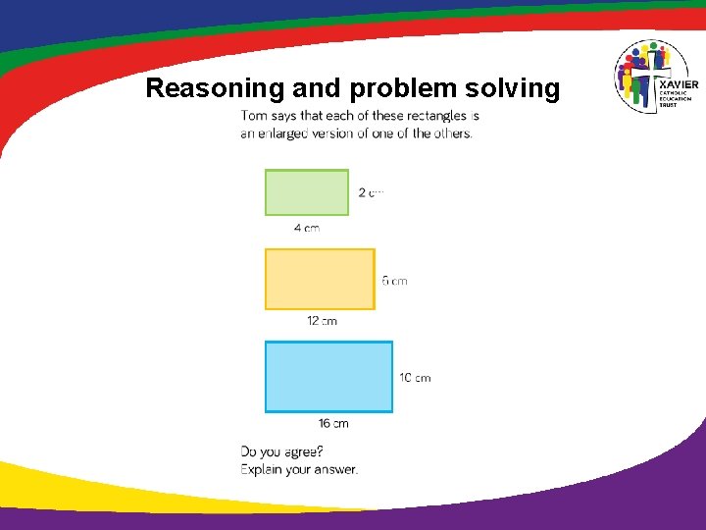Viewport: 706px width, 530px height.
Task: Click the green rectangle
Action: (306, 192)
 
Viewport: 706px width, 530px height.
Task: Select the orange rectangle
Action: (320, 279)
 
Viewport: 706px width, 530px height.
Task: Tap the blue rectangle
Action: (328, 377)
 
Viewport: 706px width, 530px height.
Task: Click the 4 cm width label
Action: (307, 228)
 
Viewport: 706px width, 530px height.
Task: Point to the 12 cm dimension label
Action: (322, 321)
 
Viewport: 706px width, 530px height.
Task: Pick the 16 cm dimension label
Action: (333, 424)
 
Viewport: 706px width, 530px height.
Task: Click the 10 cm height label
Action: (415, 378)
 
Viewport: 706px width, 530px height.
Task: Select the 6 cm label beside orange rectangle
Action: (394, 281)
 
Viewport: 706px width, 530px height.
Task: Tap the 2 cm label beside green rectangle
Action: (371, 192)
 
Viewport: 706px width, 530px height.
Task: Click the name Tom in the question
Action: (253, 116)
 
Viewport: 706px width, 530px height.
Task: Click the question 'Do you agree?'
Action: (282, 451)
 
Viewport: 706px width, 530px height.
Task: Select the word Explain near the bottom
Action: (263, 469)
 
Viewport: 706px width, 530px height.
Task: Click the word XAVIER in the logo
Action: (679, 84)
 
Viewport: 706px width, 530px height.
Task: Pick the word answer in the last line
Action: (336, 469)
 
